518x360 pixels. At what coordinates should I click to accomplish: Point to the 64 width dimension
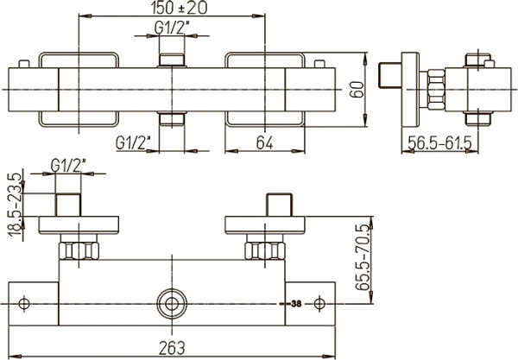coord(266,142)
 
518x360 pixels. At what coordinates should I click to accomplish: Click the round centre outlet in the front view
coord(173,304)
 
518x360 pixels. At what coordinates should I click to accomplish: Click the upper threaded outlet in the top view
coord(173,60)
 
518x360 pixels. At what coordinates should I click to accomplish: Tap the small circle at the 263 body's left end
coord(25,304)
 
